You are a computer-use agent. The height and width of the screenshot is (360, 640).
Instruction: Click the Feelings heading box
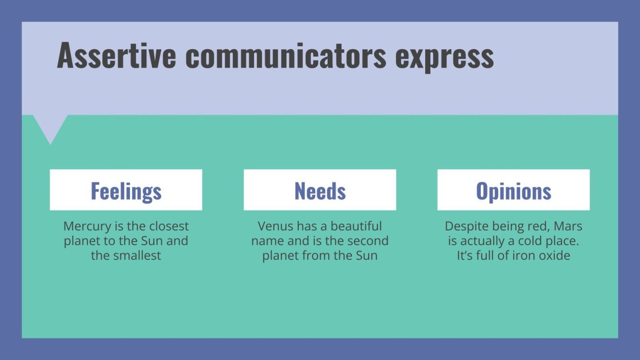click(126, 190)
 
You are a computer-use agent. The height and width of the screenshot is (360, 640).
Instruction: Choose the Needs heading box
click(320, 190)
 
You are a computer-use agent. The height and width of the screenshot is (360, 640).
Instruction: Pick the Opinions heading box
click(513, 190)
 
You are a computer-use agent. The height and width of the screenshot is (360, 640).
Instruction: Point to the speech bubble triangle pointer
click(50, 128)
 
